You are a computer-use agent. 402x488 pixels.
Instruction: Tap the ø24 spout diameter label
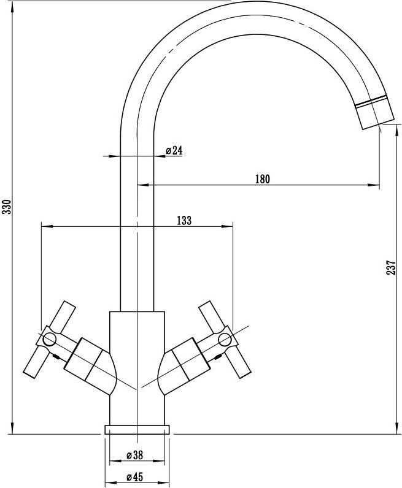[x=174, y=151]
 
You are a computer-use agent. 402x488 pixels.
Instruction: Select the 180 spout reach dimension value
[x=263, y=179]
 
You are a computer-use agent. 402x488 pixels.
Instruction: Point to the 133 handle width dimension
[x=184, y=220]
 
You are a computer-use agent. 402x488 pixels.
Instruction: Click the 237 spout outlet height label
[x=391, y=267]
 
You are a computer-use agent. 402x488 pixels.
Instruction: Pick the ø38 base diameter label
[x=135, y=455]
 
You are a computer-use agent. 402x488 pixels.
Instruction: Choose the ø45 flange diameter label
[x=135, y=477]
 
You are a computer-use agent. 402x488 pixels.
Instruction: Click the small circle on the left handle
[x=49, y=339]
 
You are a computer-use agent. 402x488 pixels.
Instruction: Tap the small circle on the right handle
[x=225, y=339]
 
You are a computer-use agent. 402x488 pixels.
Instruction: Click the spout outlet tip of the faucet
[x=377, y=121]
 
